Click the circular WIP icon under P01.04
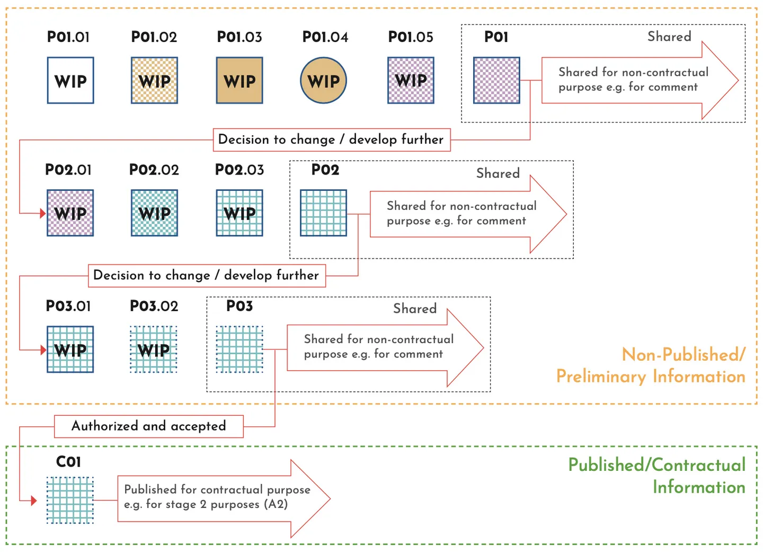click(x=324, y=81)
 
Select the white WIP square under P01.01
click(x=70, y=81)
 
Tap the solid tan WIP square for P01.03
click(x=239, y=81)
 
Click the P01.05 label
click(x=411, y=37)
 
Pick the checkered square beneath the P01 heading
click(x=496, y=81)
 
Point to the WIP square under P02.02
click(x=155, y=213)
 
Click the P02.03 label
click(x=239, y=170)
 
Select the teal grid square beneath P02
click(x=324, y=213)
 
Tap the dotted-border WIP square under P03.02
click(x=154, y=349)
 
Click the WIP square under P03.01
click(x=70, y=349)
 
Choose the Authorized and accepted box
click(x=149, y=426)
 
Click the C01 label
click(x=69, y=462)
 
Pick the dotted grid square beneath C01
click(x=70, y=501)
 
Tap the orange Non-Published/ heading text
click(x=684, y=355)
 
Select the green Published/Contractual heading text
click(x=656, y=465)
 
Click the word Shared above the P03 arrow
click(x=415, y=309)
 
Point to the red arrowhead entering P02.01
click(x=43, y=214)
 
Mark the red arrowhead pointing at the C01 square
click(x=34, y=501)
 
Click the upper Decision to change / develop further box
click(x=332, y=140)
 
